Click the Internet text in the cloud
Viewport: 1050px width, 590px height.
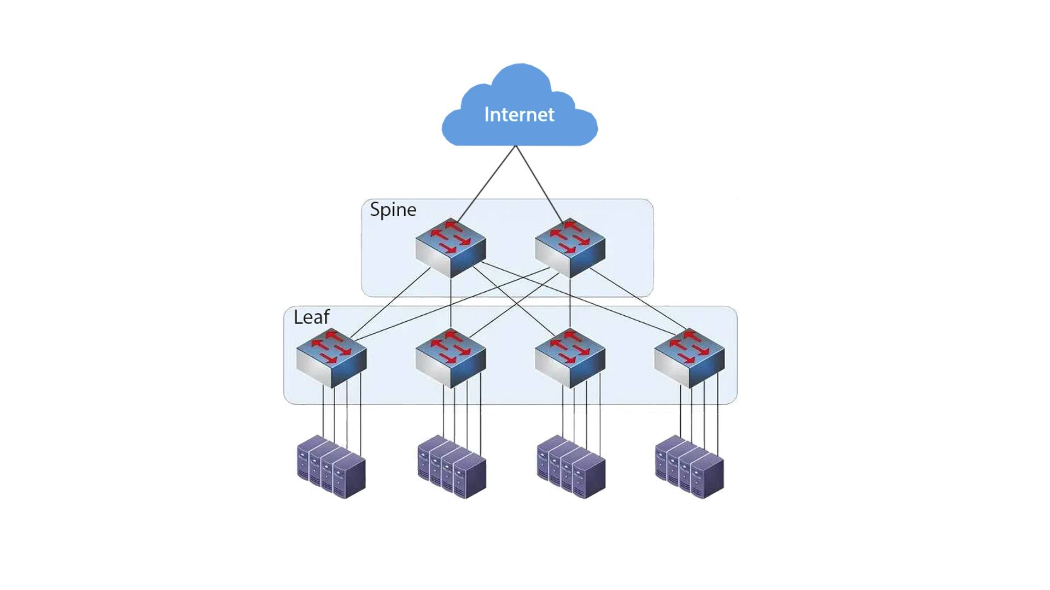[x=519, y=115]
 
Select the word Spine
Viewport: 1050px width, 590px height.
[x=393, y=210]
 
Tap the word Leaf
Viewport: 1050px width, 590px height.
[x=311, y=317]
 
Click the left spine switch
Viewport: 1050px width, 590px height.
[x=451, y=248]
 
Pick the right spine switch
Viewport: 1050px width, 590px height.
[x=570, y=248]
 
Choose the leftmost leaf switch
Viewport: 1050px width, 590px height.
[x=331, y=358]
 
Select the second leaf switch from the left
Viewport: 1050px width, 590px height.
[x=451, y=358]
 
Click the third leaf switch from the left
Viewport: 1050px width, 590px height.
[x=570, y=358]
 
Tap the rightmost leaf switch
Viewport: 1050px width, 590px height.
[x=689, y=358]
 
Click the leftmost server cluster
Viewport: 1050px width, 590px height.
[x=331, y=467]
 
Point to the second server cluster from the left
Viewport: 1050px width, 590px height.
[x=452, y=467]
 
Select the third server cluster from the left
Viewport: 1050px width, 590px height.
[x=571, y=467]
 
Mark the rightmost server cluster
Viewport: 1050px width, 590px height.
[x=690, y=467]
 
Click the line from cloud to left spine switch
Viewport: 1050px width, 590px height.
[x=487, y=184]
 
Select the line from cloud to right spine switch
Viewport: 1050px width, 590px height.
[x=539, y=184]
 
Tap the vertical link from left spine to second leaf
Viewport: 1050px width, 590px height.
[x=451, y=303]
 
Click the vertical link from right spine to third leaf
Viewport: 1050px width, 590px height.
[x=570, y=303]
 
